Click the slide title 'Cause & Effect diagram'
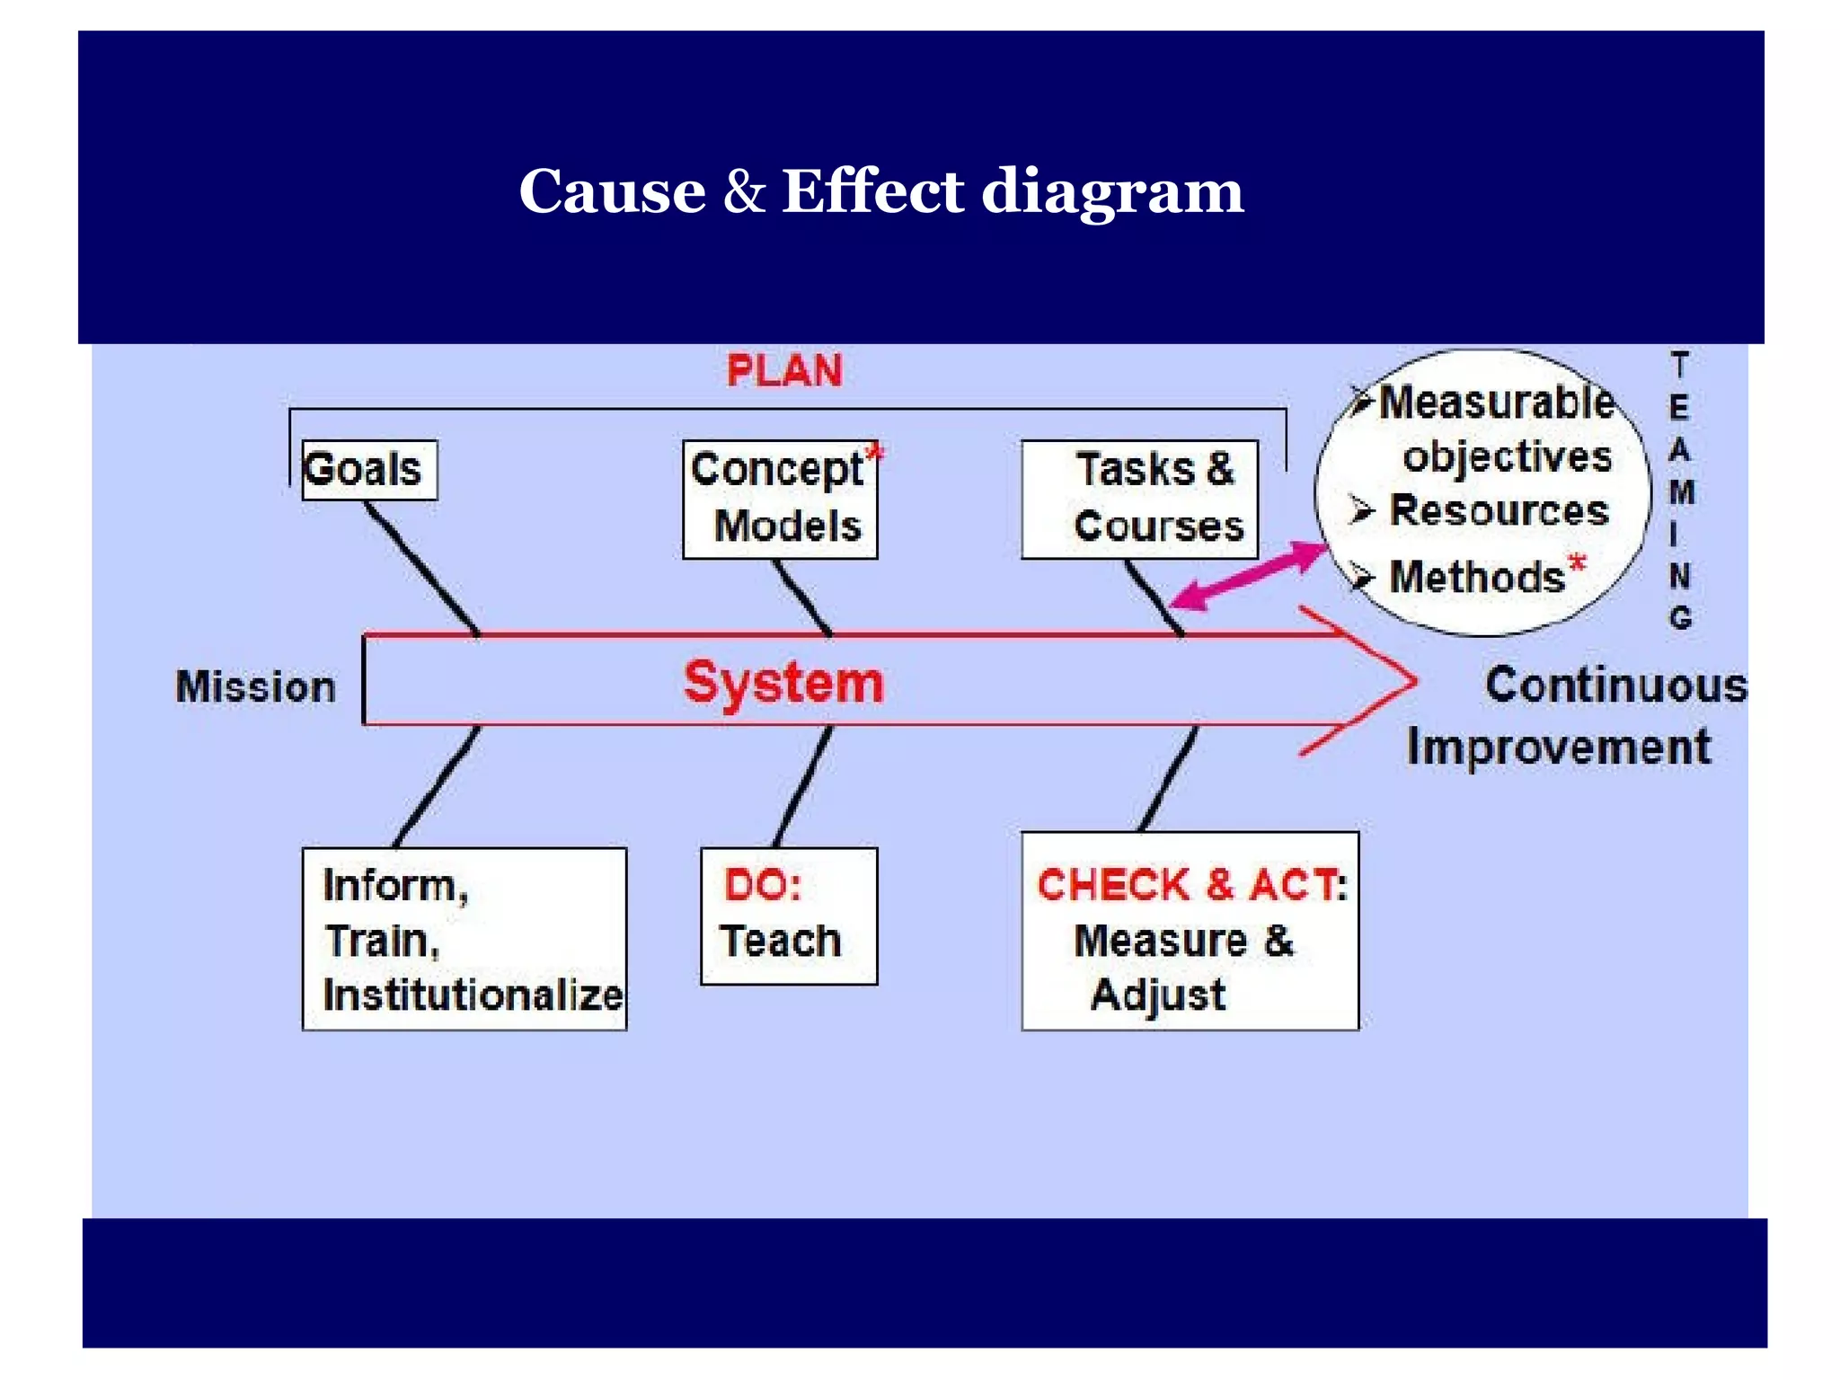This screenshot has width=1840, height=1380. point(880,191)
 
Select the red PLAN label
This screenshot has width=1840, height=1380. point(783,371)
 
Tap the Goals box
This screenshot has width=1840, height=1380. point(369,469)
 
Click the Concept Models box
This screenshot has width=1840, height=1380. point(779,499)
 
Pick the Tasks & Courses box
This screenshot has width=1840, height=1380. point(1139,499)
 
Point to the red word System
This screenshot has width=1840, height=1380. point(783,683)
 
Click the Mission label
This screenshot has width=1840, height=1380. point(255,687)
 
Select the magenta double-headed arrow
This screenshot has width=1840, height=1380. point(1249,575)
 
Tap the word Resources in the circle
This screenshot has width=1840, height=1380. point(1499,510)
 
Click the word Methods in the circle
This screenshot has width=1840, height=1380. point(1477,577)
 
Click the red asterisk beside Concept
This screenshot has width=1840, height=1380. point(874,454)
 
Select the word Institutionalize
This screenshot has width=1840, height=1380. point(473,995)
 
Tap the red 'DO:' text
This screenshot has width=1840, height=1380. point(763,885)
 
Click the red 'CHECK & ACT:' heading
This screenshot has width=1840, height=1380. point(1191,885)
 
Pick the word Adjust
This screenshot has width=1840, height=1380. point(1157,995)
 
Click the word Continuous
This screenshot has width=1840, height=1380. point(1615,685)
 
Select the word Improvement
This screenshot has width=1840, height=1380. point(1559,747)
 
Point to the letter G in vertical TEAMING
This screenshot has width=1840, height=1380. point(1680,618)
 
